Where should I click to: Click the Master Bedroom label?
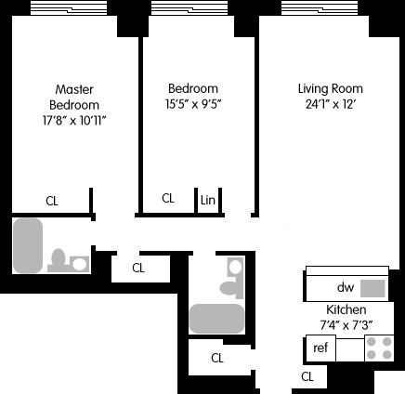[74, 97]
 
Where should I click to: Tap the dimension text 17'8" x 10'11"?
[74, 121]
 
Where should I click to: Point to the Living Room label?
[330, 89]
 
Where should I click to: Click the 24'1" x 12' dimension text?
[330, 105]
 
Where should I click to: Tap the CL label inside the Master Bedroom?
[53, 199]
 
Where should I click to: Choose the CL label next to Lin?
[168, 198]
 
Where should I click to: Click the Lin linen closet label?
[207, 199]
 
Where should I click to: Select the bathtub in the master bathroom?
[30, 245]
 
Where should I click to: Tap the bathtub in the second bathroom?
[216, 318]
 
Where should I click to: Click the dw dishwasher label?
[346, 287]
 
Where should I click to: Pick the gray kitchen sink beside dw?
[372, 288]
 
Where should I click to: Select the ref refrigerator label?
[320, 348]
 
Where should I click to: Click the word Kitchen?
[346, 309]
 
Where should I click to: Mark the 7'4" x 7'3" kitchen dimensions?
[346, 324]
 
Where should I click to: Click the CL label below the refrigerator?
[307, 376]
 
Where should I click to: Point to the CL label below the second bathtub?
[216, 358]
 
